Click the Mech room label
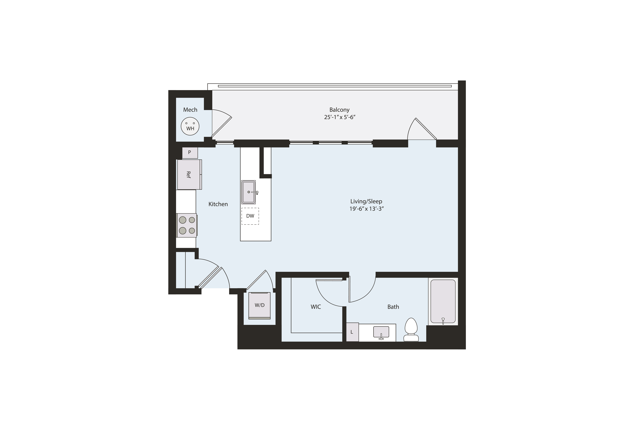click(190, 110)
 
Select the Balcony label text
click(339, 110)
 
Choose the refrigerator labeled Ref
click(189, 175)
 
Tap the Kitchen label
click(218, 204)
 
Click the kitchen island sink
click(248, 192)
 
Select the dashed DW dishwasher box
click(250, 216)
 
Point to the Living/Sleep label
click(366, 201)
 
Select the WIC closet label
click(316, 307)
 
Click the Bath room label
click(393, 307)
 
